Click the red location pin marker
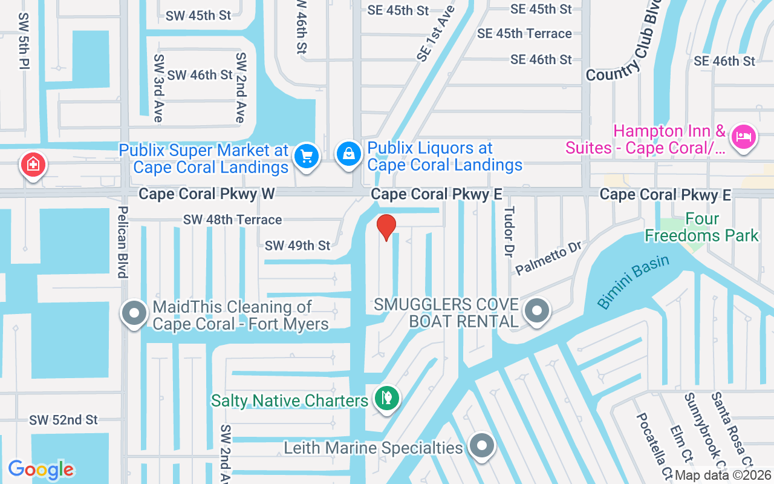click(x=386, y=227)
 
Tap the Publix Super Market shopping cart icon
click(x=306, y=156)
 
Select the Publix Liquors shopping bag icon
click(x=349, y=154)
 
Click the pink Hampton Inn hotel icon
click(x=743, y=136)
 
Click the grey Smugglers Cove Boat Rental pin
click(x=536, y=311)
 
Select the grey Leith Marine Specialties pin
click(x=481, y=446)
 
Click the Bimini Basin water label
click(x=633, y=281)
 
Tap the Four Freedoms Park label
click(x=701, y=227)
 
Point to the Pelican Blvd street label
click(x=123, y=242)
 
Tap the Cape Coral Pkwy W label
click(x=207, y=194)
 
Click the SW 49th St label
click(x=298, y=245)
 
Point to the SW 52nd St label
click(x=63, y=420)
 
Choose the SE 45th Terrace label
click(x=524, y=34)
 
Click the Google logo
click(x=41, y=469)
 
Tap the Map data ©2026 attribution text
click(x=723, y=476)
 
